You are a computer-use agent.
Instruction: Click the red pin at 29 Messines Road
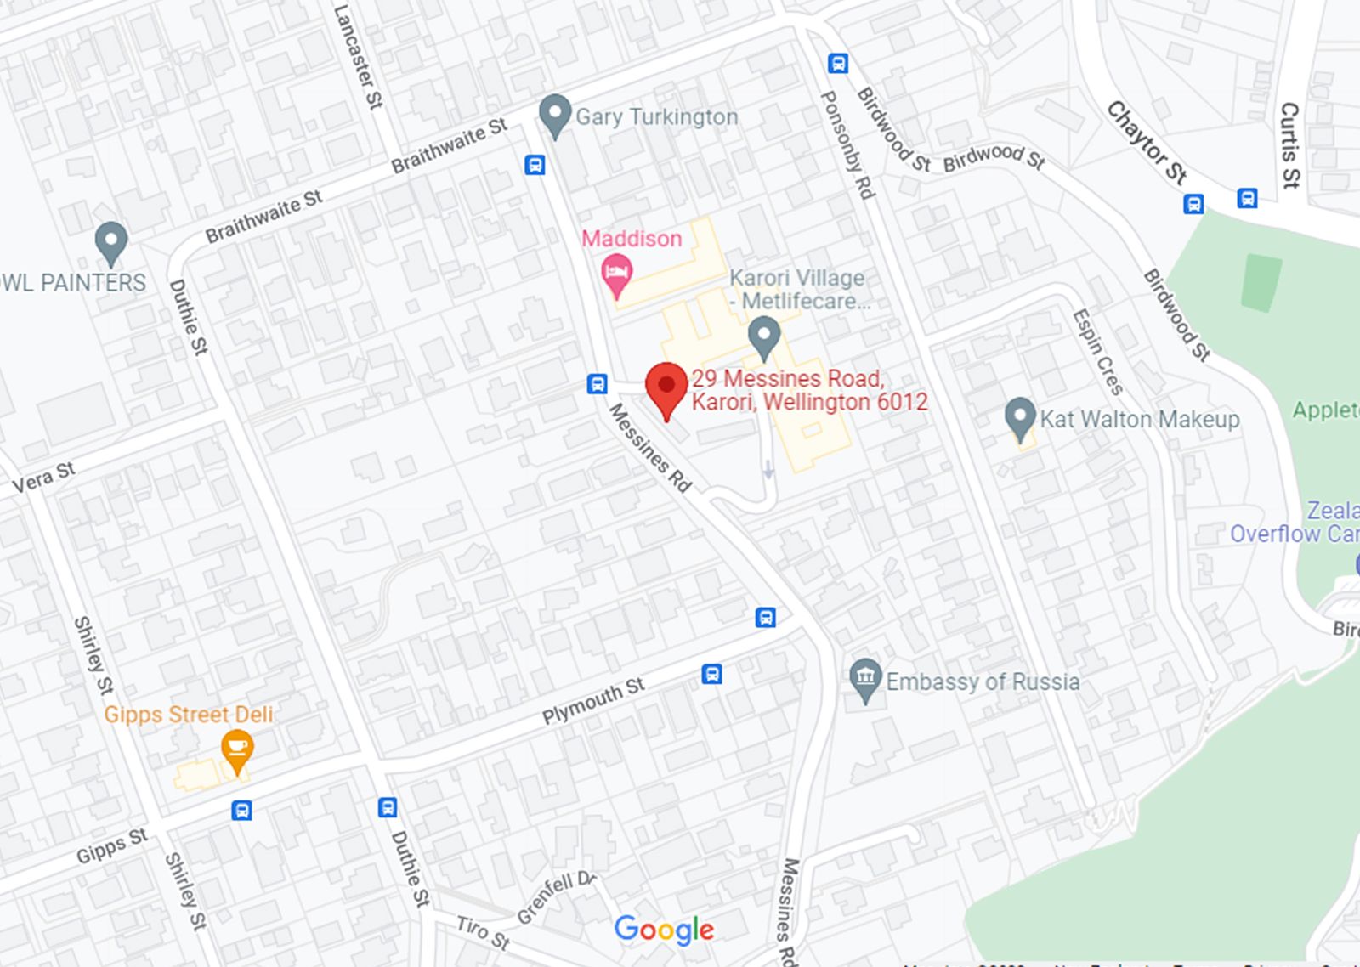coord(666,387)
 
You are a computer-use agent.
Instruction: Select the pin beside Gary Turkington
coord(555,114)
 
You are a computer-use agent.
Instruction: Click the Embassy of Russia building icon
coord(865,679)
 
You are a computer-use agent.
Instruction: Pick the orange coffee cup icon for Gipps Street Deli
coord(237,749)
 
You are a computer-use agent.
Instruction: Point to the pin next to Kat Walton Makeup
coord(1020,417)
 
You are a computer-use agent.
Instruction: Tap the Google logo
coord(664,930)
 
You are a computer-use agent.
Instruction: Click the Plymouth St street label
coord(593,700)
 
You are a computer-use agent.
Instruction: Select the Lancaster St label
coord(359,56)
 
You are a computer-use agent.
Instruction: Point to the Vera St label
coord(43,478)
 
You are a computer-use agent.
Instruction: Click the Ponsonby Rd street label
coord(847,145)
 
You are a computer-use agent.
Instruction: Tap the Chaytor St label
coord(1147,142)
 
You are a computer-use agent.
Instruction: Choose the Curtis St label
coord(1289,145)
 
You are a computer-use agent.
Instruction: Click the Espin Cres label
coord(1098,351)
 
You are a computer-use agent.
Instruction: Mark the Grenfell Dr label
coord(557,897)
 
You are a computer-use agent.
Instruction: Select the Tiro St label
coord(482,931)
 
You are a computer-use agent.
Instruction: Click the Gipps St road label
coord(112,845)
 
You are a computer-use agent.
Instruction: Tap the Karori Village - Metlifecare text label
coord(798,289)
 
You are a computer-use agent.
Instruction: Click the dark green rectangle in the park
coord(1261,283)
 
